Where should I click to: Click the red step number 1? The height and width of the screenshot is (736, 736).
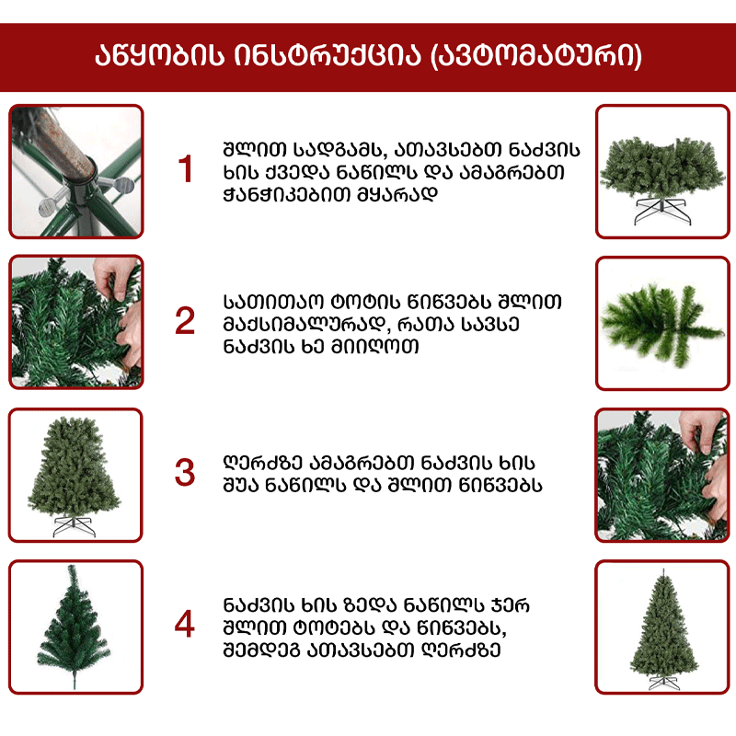click(x=186, y=168)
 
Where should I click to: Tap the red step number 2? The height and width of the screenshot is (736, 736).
click(x=185, y=320)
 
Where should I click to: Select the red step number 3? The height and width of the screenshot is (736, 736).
click(x=185, y=472)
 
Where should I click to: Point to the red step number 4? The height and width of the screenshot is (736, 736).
click(x=185, y=624)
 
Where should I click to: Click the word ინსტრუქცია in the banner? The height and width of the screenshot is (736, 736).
click(x=328, y=55)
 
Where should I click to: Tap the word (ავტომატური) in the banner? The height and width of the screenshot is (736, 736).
click(x=536, y=56)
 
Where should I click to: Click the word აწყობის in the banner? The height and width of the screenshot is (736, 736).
click(x=159, y=55)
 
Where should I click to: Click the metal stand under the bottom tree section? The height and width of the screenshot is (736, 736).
click(x=661, y=212)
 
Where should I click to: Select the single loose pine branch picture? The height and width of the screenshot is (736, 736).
click(x=662, y=323)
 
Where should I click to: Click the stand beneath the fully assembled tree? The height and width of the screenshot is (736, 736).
click(x=663, y=683)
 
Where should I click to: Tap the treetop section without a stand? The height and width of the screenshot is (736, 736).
click(x=74, y=627)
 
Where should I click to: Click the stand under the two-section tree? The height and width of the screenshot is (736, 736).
click(x=75, y=526)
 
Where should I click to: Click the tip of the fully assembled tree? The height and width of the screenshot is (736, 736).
click(x=663, y=569)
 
